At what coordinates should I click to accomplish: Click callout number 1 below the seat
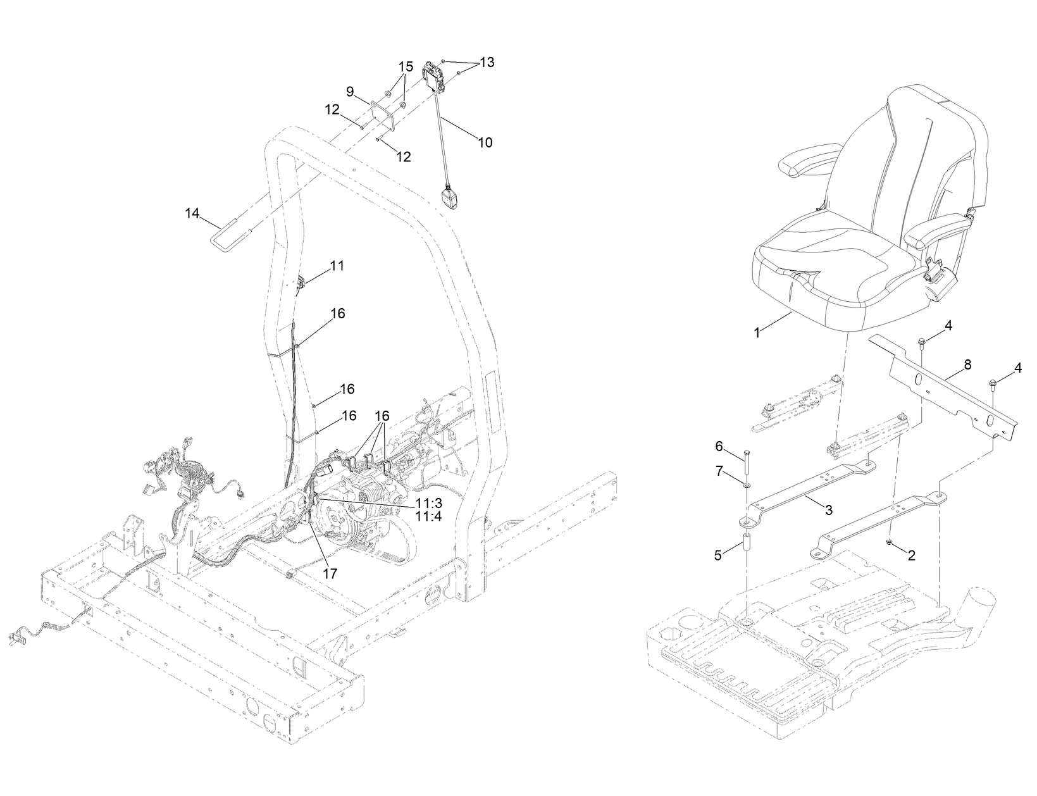coord(757,333)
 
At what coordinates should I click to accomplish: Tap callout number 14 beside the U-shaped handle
coord(192,213)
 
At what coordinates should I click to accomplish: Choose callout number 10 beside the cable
coord(485,142)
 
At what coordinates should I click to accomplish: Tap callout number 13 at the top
coord(487,62)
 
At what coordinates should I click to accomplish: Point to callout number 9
coord(349,90)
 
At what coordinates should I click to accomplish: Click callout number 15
coord(405,66)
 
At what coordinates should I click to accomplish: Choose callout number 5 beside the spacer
coord(718,555)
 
